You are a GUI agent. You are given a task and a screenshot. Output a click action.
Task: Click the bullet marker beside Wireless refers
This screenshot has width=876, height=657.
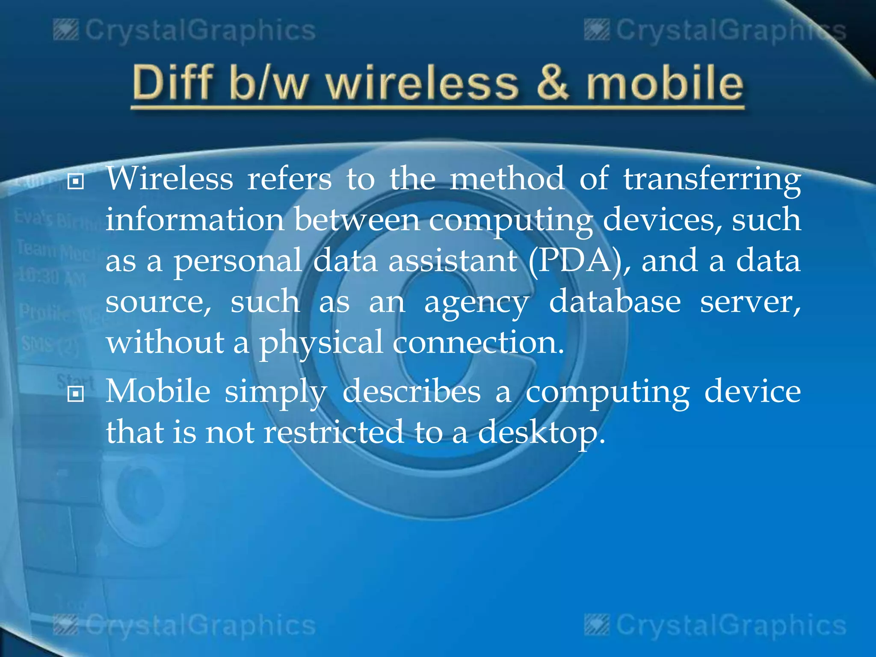coord(76,182)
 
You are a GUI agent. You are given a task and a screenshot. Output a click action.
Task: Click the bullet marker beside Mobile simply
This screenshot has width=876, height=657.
coord(76,394)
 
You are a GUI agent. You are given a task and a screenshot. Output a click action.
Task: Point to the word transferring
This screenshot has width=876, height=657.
coord(712,180)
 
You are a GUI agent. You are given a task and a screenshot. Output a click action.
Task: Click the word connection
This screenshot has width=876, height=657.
coord(478,343)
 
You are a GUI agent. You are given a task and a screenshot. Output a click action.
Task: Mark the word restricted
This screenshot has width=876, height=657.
coord(334,432)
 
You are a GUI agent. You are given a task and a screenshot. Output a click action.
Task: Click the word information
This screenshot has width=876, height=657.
coord(195,220)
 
